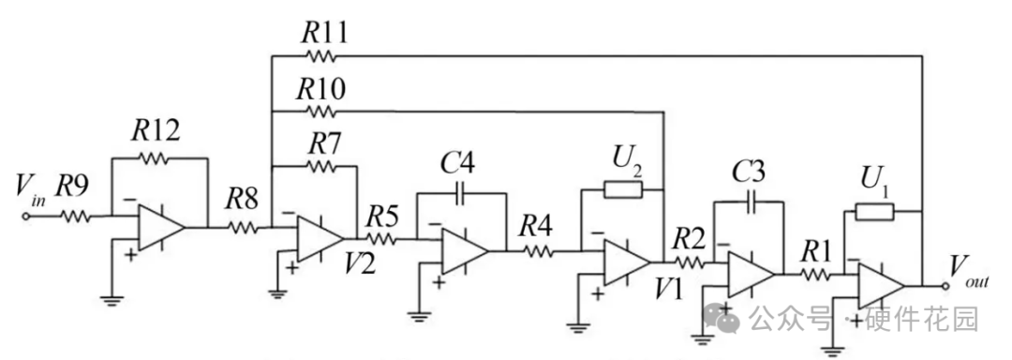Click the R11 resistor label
click(324, 32)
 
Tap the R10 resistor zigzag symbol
click(320, 112)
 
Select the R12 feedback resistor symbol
click(153, 157)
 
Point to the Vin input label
click(30, 191)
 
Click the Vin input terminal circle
click(26, 217)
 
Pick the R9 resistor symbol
click(76, 217)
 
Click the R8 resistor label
click(242, 201)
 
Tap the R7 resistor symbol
click(320, 167)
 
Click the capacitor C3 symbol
click(750, 202)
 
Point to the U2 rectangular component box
click(623, 189)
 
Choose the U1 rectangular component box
click(874, 212)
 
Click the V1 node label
click(667, 290)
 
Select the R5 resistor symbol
click(382, 240)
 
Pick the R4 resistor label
click(537, 227)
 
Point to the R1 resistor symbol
click(816, 275)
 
